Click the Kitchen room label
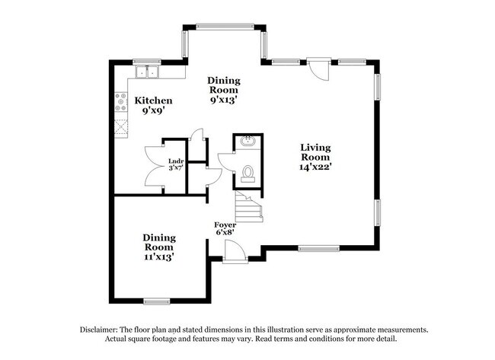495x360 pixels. click(x=153, y=100)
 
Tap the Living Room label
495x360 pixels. click(x=315, y=152)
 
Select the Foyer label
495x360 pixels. click(x=225, y=225)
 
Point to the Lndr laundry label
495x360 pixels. click(x=175, y=160)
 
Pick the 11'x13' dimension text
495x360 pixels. click(x=158, y=256)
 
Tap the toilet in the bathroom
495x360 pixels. click(x=247, y=174)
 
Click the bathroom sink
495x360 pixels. click(x=248, y=142)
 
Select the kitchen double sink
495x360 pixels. click(x=147, y=73)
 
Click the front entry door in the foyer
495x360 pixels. click(x=235, y=250)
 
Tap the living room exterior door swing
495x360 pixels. click(x=321, y=69)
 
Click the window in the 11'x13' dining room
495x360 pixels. click(x=156, y=301)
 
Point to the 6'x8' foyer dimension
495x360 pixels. click(x=225, y=235)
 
